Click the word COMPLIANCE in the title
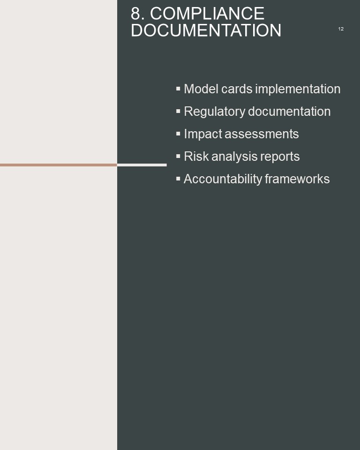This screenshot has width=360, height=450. click(207, 14)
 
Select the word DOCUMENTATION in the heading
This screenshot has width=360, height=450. click(206, 30)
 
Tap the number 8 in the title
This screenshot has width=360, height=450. click(136, 14)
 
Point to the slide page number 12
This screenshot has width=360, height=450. click(341, 29)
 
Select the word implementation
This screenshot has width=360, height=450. click(298, 89)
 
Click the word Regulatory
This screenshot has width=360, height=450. click(214, 112)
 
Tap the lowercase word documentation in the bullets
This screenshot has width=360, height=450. click(289, 112)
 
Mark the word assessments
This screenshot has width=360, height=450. click(262, 134)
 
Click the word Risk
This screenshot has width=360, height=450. click(196, 157)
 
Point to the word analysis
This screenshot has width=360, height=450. click(234, 157)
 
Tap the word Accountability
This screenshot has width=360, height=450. click(223, 179)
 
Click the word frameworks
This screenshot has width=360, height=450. click(297, 179)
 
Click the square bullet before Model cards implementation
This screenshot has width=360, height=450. click(178, 89)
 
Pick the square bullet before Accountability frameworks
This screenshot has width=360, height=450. click(178, 179)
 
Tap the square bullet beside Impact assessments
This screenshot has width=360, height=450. click(178, 134)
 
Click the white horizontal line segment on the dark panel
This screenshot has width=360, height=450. click(142, 165)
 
